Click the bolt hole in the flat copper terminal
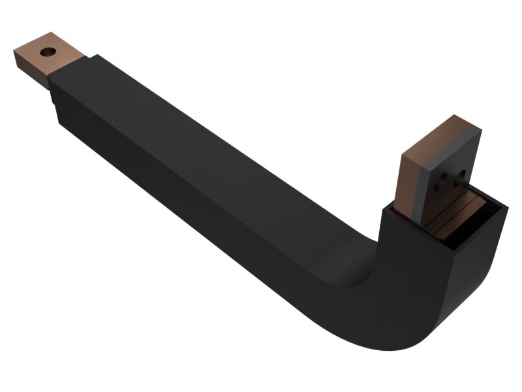[x=47, y=51]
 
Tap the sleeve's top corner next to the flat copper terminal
[x=91, y=57]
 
